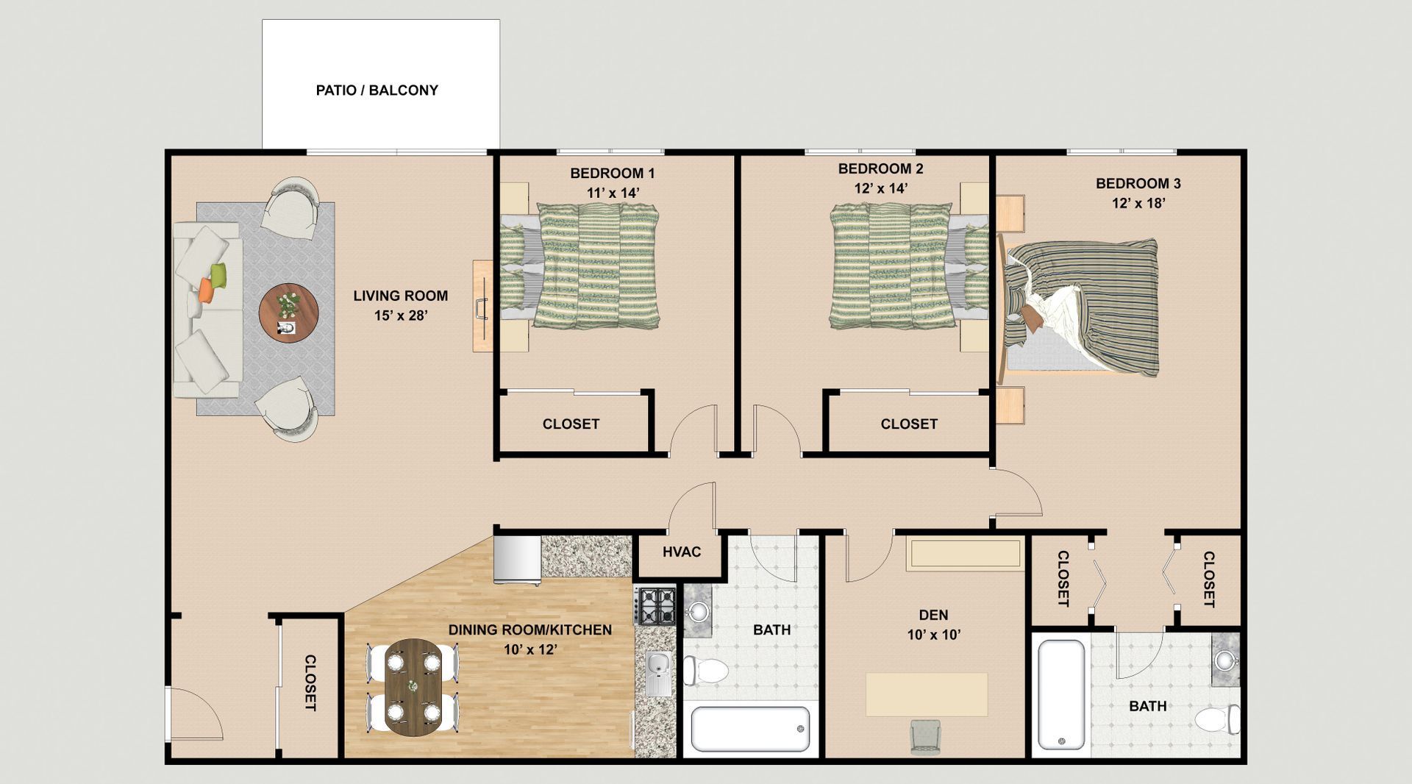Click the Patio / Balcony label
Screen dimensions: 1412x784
tap(377, 90)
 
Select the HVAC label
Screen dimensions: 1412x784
tap(682, 552)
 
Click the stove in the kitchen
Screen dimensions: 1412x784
tap(655, 605)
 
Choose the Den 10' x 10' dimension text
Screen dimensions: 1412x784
tap(933, 635)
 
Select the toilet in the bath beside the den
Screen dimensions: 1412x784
tap(706, 670)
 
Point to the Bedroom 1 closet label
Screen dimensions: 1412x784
tap(571, 424)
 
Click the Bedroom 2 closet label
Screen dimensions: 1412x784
tap(909, 424)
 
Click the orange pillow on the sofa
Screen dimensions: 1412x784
tap(206, 289)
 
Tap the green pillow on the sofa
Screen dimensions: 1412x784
tap(218, 275)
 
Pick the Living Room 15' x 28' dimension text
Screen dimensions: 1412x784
tap(400, 316)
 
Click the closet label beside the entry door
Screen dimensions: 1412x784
tap(310, 683)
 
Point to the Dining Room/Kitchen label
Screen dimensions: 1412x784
tap(529, 630)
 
